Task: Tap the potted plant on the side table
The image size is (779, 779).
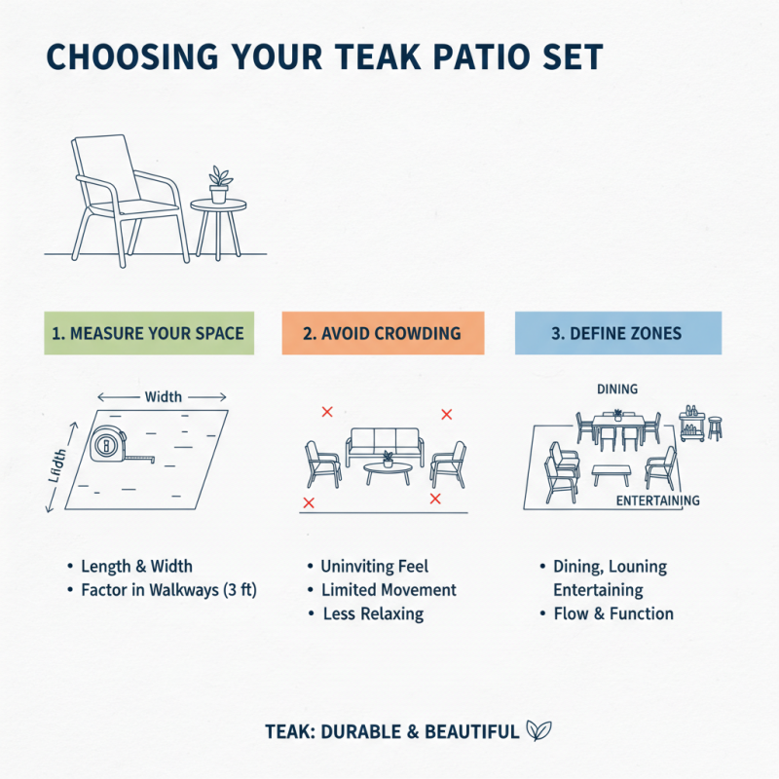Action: (x=220, y=184)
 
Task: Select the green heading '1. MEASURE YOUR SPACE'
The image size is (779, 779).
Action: (x=150, y=333)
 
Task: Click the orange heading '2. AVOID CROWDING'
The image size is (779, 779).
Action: (x=382, y=333)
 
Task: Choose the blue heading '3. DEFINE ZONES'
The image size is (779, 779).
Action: (x=616, y=333)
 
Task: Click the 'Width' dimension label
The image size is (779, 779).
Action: (x=162, y=397)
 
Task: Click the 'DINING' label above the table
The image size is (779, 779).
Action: (x=616, y=389)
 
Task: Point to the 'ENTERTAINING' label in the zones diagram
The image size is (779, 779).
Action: (x=658, y=501)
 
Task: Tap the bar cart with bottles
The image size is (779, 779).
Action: (x=693, y=425)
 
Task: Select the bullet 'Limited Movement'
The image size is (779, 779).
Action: (x=389, y=590)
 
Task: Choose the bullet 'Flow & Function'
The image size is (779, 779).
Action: (x=612, y=613)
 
